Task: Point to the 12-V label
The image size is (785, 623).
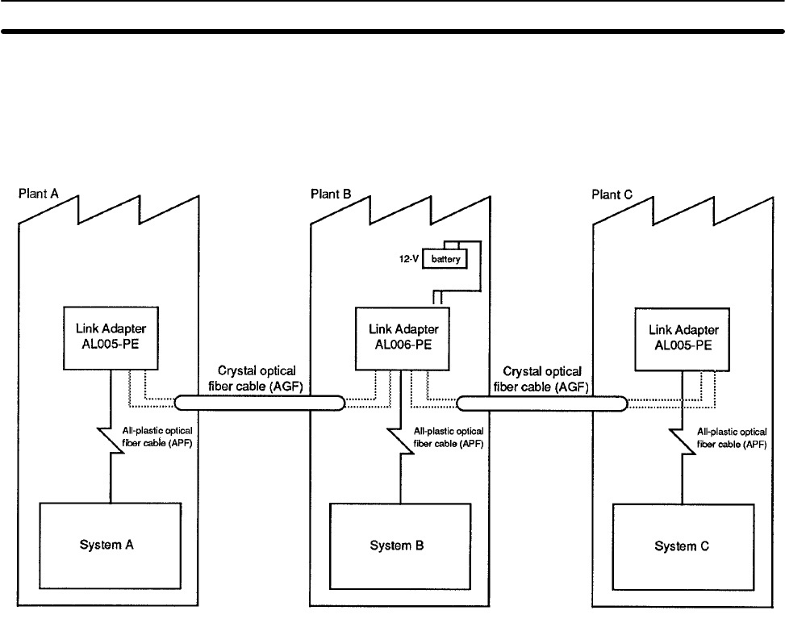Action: click(x=407, y=260)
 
